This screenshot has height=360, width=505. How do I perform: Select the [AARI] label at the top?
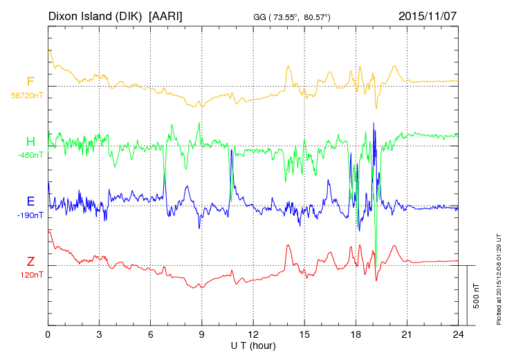(x=166, y=15)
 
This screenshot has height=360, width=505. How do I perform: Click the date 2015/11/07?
(x=428, y=15)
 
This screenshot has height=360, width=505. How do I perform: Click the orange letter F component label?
(x=30, y=82)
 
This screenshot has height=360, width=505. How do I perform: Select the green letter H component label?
(x=30, y=142)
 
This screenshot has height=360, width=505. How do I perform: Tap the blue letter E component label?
(x=30, y=201)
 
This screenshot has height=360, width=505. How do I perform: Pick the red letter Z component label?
(x=30, y=261)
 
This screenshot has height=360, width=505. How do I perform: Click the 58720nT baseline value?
(x=26, y=96)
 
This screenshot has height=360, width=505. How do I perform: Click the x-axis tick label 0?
(x=48, y=335)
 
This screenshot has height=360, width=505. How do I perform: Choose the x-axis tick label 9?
(x=202, y=335)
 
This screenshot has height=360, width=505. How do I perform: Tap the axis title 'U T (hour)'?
(x=253, y=345)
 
